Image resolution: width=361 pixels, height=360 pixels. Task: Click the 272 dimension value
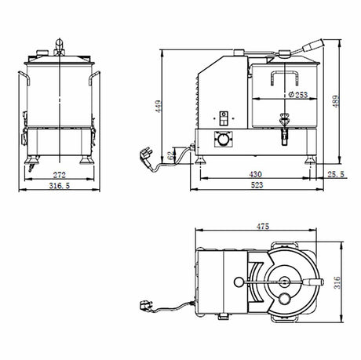60,175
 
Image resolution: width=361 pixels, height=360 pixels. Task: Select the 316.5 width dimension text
60,186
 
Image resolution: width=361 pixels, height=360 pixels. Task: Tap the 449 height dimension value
159,106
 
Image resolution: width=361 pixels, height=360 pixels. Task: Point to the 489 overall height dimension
337,101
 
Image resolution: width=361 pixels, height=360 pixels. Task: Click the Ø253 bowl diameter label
298,94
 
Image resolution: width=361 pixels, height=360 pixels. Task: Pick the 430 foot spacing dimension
255,174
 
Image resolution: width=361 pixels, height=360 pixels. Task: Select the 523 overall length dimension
257,185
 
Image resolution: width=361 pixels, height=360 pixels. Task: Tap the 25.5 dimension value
336,174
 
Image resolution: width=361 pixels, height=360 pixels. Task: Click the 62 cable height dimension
170,156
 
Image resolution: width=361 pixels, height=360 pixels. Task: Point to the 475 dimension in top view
263,226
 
